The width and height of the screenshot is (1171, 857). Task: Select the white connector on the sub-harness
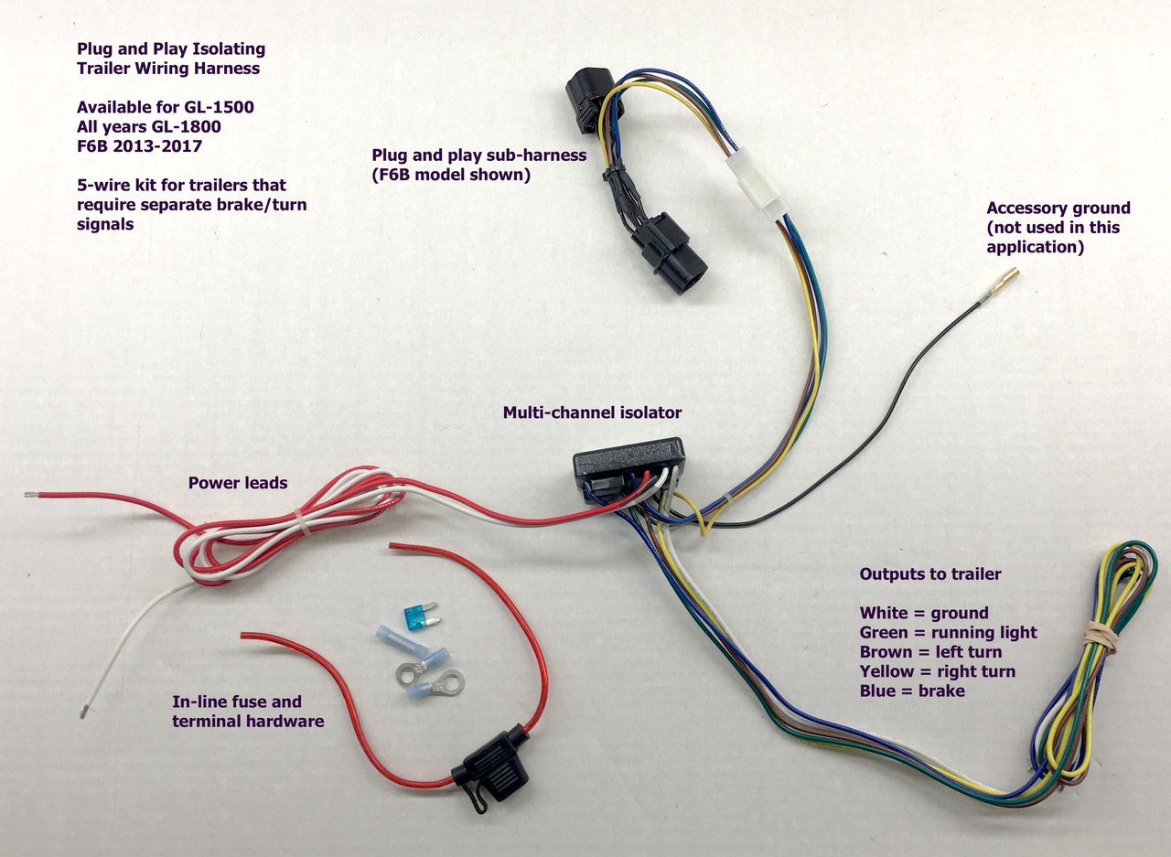pyautogui.click(x=756, y=182)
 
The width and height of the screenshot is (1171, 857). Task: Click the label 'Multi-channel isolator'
pyautogui.click(x=592, y=412)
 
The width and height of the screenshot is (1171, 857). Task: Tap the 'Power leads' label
pyautogui.click(x=238, y=482)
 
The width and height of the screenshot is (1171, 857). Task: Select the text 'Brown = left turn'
pyautogui.click(x=930, y=652)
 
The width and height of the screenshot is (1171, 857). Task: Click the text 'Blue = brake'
pyautogui.click(x=912, y=691)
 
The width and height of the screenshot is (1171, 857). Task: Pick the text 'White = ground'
pyautogui.click(x=924, y=613)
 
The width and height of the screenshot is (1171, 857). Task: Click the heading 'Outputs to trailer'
pyautogui.click(x=930, y=574)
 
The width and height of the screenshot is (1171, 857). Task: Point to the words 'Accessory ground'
pyautogui.click(x=1058, y=208)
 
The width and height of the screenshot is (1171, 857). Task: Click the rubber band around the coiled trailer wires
pyautogui.click(x=1097, y=634)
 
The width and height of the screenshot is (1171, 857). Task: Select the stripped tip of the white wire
pyautogui.click(x=83, y=710)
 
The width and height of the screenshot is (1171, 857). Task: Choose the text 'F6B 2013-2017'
pyautogui.click(x=141, y=145)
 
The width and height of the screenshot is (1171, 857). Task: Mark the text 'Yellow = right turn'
pyautogui.click(x=937, y=671)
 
